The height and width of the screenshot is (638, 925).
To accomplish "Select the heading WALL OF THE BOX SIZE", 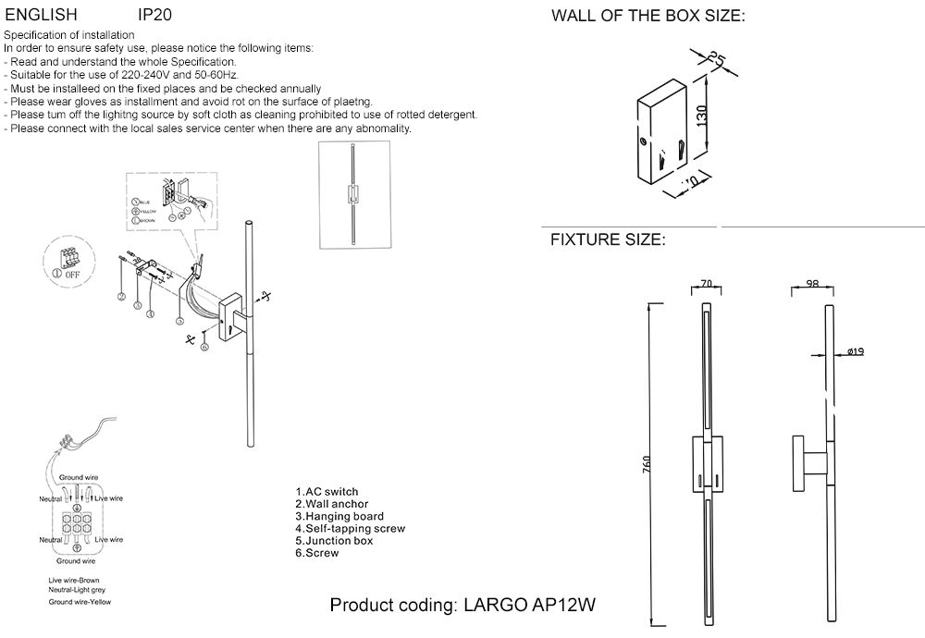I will pyautogui.click(x=647, y=17).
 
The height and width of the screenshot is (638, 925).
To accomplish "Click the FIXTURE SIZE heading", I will pyautogui.click(x=608, y=240).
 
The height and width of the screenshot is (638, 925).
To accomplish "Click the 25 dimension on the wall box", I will pyautogui.click(x=715, y=59).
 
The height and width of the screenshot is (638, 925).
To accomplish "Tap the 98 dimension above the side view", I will pyautogui.click(x=812, y=285).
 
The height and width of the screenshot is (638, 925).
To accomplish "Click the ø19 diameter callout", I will pyautogui.click(x=855, y=351).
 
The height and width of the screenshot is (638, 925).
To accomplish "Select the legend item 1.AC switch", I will pyautogui.click(x=327, y=492).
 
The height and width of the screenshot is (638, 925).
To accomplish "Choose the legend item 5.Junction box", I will pyautogui.click(x=334, y=541).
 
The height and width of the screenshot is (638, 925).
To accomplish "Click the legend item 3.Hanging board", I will pyautogui.click(x=339, y=516).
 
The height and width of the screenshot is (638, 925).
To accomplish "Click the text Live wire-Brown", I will pyautogui.click(x=74, y=580).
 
